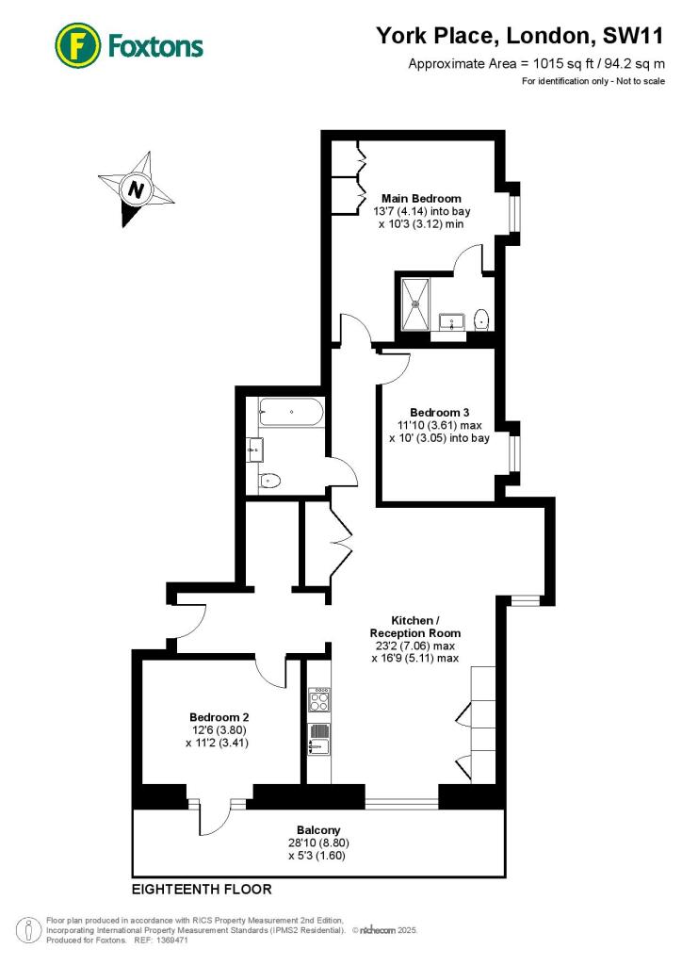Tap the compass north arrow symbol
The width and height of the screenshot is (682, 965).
click(x=138, y=188)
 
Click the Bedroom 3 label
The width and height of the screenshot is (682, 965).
click(x=439, y=413)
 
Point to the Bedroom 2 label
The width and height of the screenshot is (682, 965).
click(x=219, y=716)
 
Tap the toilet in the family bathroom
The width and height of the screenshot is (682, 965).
click(x=268, y=481)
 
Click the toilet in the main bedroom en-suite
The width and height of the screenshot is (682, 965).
click(x=482, y=318)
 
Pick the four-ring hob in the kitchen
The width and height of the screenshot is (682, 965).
click(x=318, y=699)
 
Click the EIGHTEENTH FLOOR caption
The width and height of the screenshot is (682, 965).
click(x=202, y=889)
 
